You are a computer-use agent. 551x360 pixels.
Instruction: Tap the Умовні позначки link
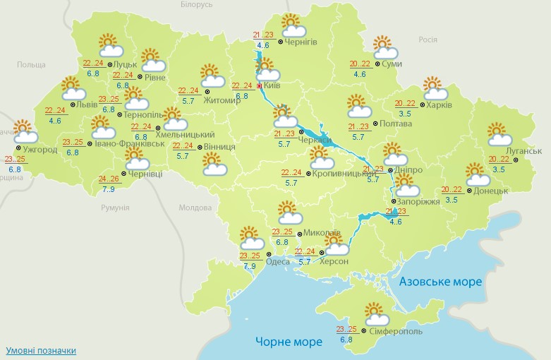pos(41,351)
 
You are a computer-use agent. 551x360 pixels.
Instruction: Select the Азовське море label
pos(440,282)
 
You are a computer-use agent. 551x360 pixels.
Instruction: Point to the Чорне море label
pos(289,342)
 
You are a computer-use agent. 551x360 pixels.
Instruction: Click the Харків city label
pos(440,105)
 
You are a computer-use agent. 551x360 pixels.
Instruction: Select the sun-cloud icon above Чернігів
pos(293,26)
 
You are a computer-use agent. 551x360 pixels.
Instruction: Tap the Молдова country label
pos(195,208)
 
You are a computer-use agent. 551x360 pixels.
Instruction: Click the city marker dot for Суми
pos(377,64)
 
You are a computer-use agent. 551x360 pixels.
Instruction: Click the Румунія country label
pos(115,208)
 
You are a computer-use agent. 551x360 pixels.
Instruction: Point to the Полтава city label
pos(397,124)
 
